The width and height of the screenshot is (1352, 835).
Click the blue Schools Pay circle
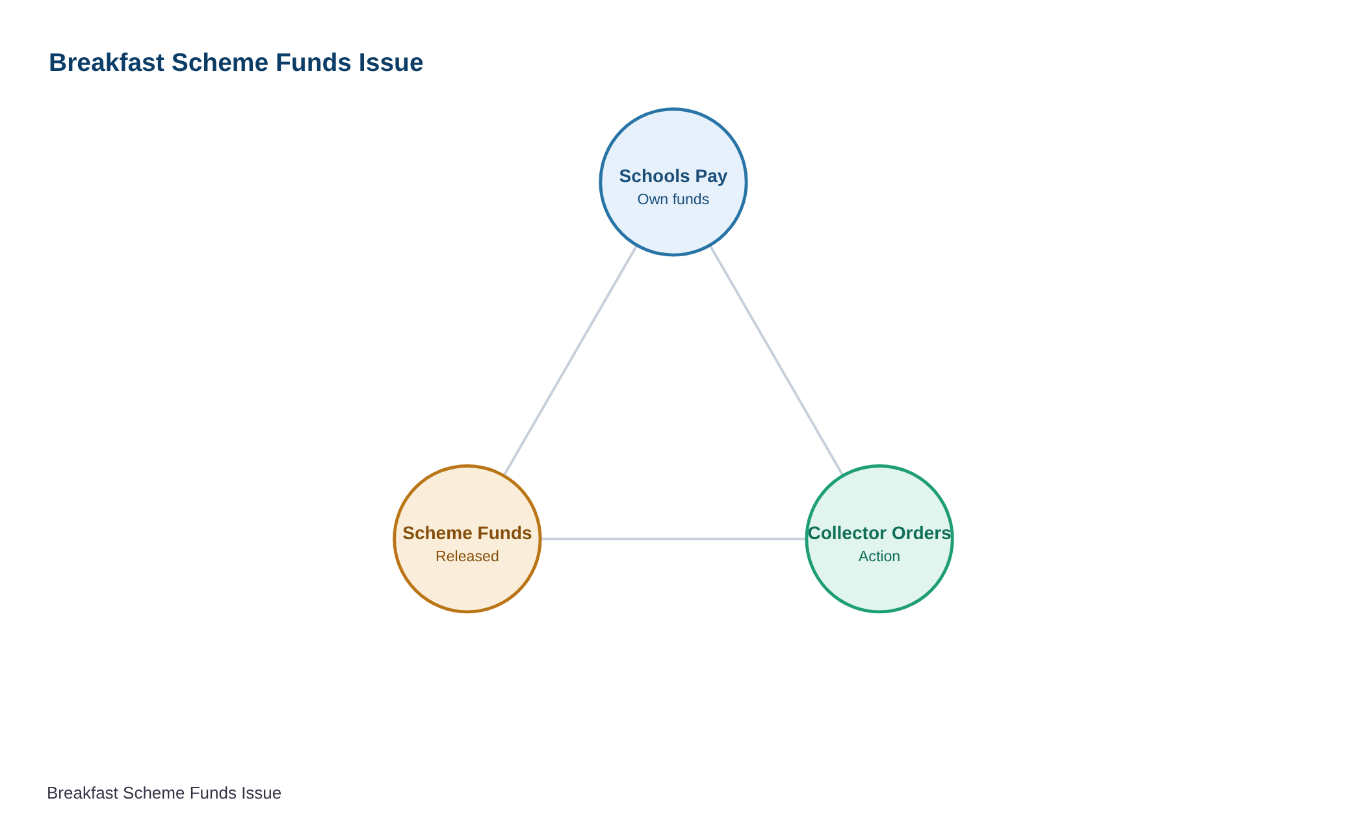coord(673,182)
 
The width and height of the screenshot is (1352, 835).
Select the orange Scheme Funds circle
coord(467,539)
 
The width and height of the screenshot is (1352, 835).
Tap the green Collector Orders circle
coord(879,539)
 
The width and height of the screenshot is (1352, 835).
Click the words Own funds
coord(673,200)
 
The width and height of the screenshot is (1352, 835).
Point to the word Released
coord(467,557)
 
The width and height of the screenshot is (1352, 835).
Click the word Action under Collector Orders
coord(879,557)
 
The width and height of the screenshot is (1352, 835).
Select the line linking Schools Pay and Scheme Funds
coord(571,360)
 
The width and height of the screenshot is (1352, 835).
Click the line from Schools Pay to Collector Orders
coord(776,360)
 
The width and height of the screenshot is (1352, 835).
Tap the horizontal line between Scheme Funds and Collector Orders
coord(673,539)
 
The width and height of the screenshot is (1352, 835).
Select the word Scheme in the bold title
coord(220,63)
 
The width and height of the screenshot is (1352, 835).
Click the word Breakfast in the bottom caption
coord(83,793)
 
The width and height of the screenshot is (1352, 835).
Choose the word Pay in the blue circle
coord(711,176)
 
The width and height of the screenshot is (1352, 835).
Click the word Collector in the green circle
coord(847,533)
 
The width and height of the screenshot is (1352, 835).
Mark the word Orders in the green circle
coord(922,533)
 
